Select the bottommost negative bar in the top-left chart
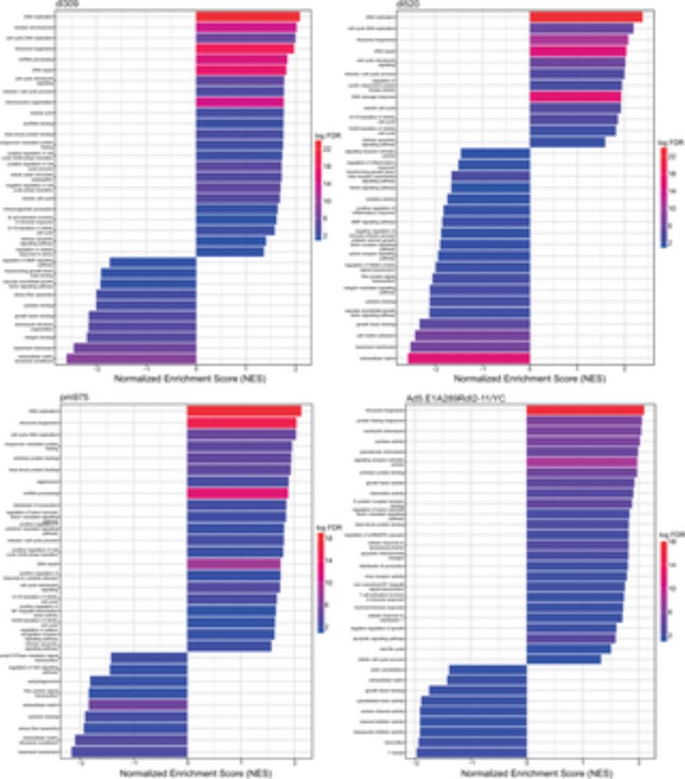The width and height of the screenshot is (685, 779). click(x=131, y=358)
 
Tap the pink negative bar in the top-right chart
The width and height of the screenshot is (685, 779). click(x=468, y=358)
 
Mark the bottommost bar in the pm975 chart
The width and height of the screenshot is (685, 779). click(x=129, y=752)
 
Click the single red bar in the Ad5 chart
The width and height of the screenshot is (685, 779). click(x=585, y=411)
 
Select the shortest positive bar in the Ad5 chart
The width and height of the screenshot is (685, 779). click(x=563, y=659)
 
